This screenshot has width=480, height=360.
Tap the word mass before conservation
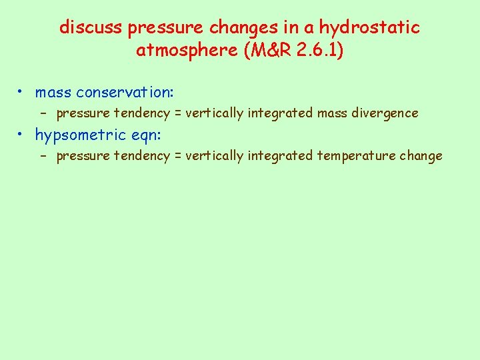[x=54, y=92]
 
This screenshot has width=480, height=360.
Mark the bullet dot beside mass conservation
[x=22, y=91]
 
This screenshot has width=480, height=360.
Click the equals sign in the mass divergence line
[x=178, y=113]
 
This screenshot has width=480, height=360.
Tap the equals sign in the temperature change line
[x=178, y=156]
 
